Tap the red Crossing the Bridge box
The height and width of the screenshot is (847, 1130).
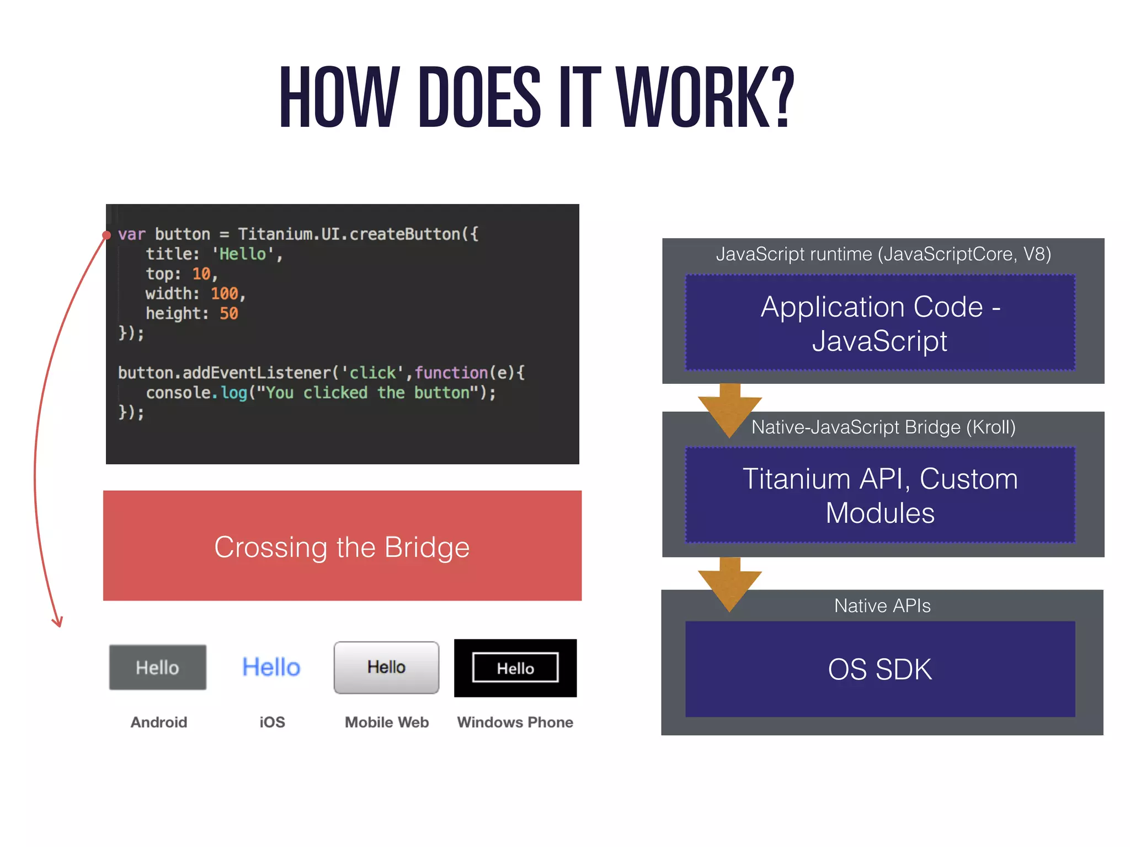click(342, 546)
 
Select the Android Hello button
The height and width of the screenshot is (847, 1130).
click(158, 667)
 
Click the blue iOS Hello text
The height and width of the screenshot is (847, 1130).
click(271, 667)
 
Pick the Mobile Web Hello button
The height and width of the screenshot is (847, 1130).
click(386, 667)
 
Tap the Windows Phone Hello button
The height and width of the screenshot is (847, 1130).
click(515, 668)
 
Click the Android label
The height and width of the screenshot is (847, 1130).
click(159, 722)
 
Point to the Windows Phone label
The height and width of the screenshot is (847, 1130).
click(515, 722)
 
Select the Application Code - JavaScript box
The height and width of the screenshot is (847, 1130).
click(880, 323)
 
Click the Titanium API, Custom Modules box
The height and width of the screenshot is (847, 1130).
click(880, 495)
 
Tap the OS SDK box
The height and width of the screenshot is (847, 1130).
click(880, 669)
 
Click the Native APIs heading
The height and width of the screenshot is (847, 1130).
click(882, 605)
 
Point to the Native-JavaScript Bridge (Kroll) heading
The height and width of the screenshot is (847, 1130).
click(883, 427)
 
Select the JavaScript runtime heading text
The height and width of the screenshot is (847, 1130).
click(883, 254)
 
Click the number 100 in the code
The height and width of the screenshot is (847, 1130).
click(224, 293)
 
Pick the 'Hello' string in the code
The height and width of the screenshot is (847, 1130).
click(243, 254)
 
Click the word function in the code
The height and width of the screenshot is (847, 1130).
click(451, 373)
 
